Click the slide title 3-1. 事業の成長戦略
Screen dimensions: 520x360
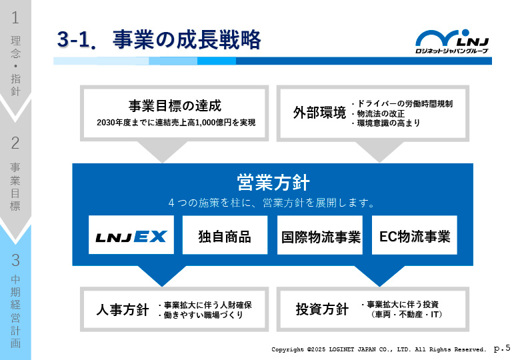pyautogui.click(x=159, y=40)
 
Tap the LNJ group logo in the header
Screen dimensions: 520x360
pyautogui.click(x=452, y=41)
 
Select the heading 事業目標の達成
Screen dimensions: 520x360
pyautogui.click(x=175, y=106)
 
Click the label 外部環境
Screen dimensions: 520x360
pyautogui.click(x=319, y=113)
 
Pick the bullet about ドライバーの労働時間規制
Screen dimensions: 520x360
pyautogui.click(x=402, y=104)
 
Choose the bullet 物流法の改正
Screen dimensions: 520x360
pyautogui.click(x=379, y=114)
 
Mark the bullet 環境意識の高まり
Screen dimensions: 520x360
pyautogui.click(x=386, y=123)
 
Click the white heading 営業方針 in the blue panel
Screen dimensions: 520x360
pyautogui.click(x=273, y=183)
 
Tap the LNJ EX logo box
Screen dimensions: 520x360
pyautogui.click(x=131, y=235)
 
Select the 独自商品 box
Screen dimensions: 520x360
pyautogui.click(x=225, y=235)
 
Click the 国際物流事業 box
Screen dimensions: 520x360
pyautogui.click(x=320, y=235)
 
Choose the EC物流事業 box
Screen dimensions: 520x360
pyautogui.click(x=415, y=235)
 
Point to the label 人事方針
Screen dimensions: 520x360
pyautogui.click(x=123, y=310)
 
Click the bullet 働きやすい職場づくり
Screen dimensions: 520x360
pyautogui.click(x=201, y=315)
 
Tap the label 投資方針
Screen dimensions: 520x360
pyautogui.click(x=322, y=309)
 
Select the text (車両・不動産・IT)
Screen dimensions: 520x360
pyautogui.click(x=407, y=314)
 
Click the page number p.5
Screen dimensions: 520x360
pyautogui.click(x=502, y=348)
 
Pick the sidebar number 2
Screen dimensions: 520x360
pyautogui.click(x=15, y=143)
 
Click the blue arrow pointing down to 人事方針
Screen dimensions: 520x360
pyautogui.click(x=162, y=276)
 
